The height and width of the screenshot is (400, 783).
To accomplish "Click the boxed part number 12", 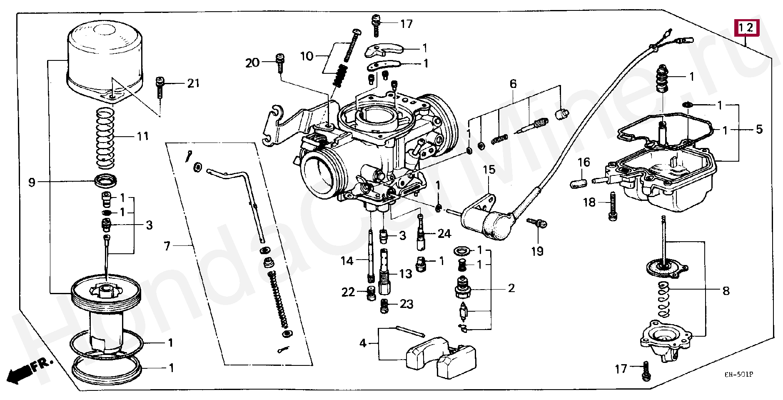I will [747, 27].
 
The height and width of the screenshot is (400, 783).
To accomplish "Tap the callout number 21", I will [193, 83].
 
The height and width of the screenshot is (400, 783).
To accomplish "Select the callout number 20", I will [252, 63].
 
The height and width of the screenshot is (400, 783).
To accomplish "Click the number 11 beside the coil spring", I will [142, 136].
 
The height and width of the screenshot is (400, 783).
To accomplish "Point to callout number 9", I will [32, 182].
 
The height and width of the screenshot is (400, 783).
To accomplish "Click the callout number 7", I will [167, 246].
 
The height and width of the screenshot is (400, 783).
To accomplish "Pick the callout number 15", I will [489, 170].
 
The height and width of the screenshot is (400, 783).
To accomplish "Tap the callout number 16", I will [584, 162].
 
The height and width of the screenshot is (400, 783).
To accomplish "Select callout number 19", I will [537, 251].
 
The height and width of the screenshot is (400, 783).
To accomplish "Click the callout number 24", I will [444, 234].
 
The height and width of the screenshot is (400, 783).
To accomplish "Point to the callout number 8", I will [726, 290].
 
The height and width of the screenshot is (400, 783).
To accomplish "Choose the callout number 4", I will [363, 343].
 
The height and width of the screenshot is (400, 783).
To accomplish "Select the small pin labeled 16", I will [579, 182].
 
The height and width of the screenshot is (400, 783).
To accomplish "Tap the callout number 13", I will [405, 274].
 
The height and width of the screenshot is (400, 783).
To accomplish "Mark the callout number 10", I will [307, 56].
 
